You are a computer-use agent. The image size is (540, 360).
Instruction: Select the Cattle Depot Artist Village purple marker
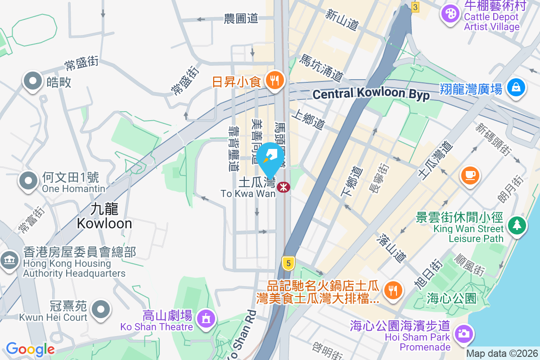coord(450,13)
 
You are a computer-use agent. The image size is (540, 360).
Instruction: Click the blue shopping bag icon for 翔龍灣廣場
coord(516,87)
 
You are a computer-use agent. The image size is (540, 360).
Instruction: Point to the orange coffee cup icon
coord(470,174)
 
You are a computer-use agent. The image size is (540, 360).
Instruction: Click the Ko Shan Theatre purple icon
coord(206,319)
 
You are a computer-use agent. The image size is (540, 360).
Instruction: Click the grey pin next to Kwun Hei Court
coord(101,309)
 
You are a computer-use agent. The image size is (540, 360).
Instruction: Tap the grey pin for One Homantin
coord(29,181)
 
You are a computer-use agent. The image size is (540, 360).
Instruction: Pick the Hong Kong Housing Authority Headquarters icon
coord(9,260)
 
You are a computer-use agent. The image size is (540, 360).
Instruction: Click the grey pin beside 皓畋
coord(32,81)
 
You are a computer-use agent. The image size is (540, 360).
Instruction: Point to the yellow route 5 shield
coord(288,262)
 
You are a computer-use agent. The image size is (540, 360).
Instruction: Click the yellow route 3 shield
coord(415,7)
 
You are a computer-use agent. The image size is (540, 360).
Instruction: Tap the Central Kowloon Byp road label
coord(371,94)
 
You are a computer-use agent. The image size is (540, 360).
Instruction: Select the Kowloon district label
coord(104,216)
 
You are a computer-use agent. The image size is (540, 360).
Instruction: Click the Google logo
coord(30,349)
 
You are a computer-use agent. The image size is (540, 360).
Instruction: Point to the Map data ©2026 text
coord(502,354)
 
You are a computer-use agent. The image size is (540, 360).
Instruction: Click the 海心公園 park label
coord(451,298)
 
